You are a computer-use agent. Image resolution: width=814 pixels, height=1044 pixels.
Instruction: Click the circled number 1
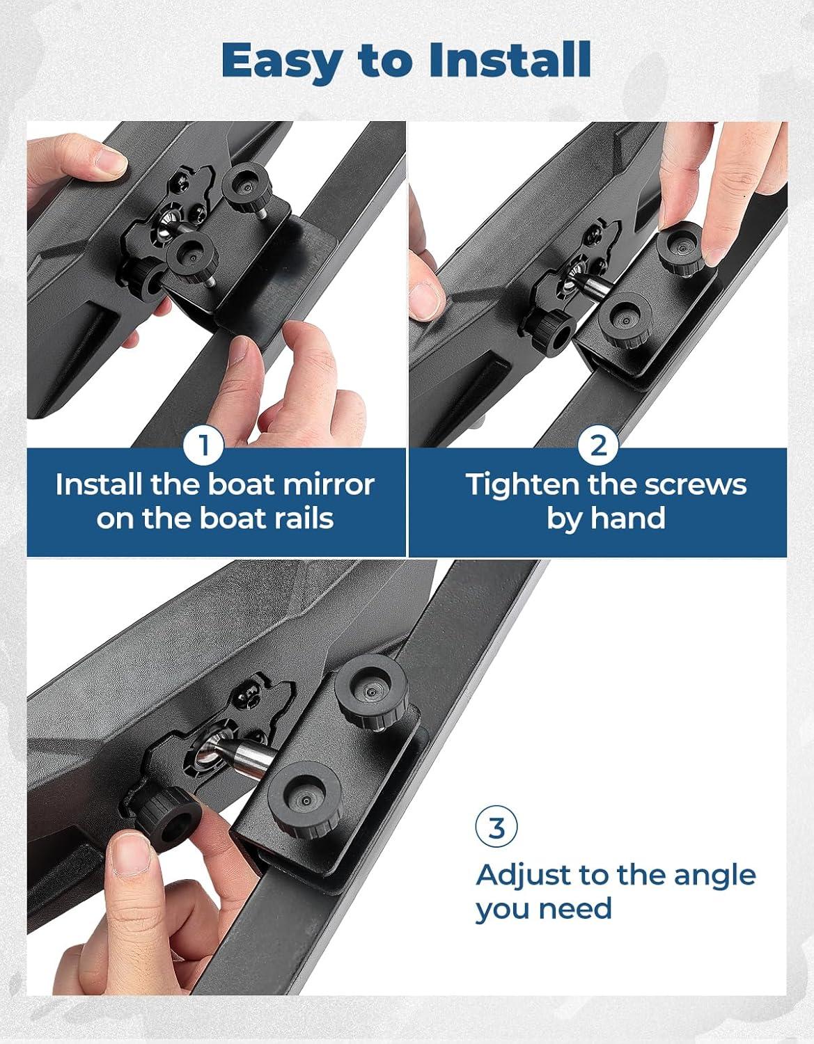click(204, 446)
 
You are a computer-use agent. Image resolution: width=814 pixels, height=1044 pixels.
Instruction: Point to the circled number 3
click(496, 828)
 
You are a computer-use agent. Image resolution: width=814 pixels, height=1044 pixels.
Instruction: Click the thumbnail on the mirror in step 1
click(109, 161)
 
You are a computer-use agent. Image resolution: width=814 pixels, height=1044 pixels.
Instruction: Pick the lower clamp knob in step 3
click(306, 798)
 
